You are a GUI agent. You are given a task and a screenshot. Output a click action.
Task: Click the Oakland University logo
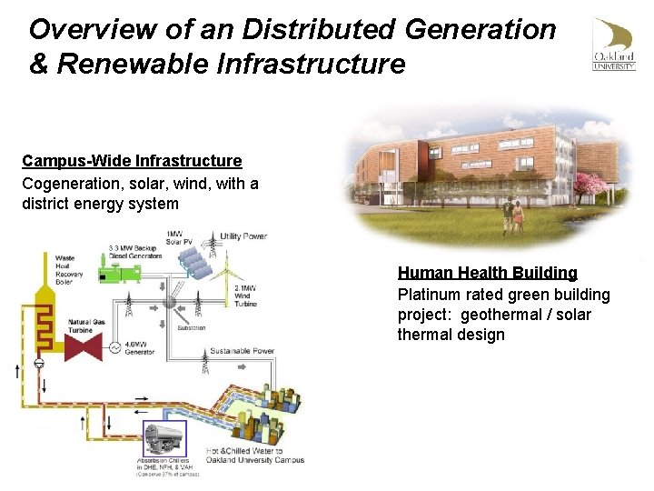(x=614, y=45)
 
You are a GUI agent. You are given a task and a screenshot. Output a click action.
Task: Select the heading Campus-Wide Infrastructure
(x=132, y=161)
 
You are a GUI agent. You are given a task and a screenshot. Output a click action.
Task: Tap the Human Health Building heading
(x=487, y=273)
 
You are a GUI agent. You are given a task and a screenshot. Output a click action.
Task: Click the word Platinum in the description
(x=429, y=295)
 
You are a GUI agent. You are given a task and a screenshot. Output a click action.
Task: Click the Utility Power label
(x=243, y=236)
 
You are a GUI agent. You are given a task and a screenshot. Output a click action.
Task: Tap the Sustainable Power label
(x=242, y=350)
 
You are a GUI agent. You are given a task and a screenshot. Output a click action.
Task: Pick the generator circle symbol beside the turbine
(x=115, y=347)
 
